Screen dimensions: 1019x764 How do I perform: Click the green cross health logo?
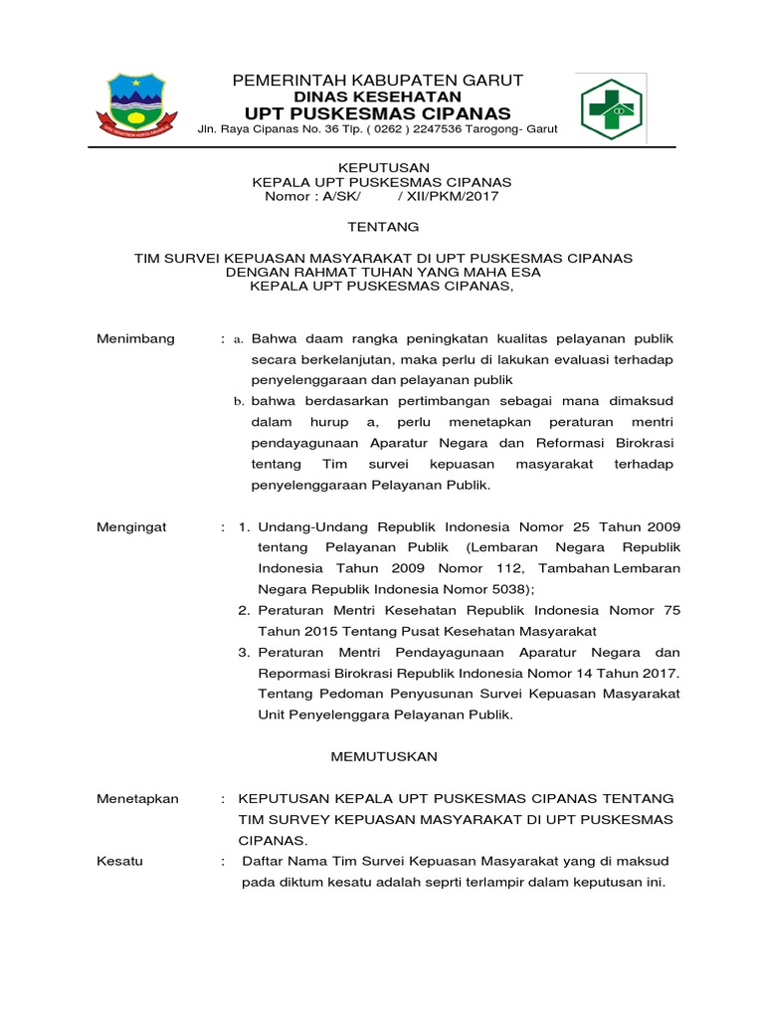pos(612,109)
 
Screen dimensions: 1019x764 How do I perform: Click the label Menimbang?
pos(136,338)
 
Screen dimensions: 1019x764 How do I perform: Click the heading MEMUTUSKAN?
pos(384,756)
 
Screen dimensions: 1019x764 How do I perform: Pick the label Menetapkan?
pos(137,799)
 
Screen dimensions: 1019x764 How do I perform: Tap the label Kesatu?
pos(119,861)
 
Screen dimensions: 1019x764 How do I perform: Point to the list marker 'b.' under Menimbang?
pos(239,401)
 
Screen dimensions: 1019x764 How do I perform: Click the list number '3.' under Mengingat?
pos(244,653)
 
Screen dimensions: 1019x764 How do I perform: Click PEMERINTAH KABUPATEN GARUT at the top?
pos(377,80)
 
